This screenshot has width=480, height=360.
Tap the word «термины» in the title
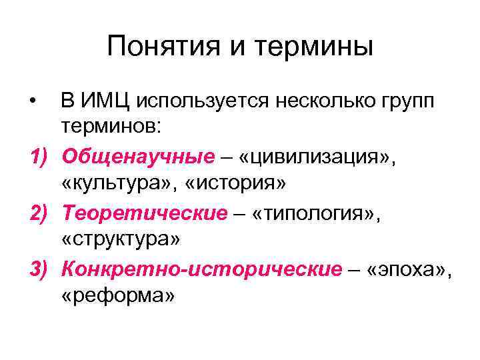[317, 48]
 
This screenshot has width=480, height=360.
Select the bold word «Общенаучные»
[138, 157]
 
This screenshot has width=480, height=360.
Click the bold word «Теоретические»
[145, 213]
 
